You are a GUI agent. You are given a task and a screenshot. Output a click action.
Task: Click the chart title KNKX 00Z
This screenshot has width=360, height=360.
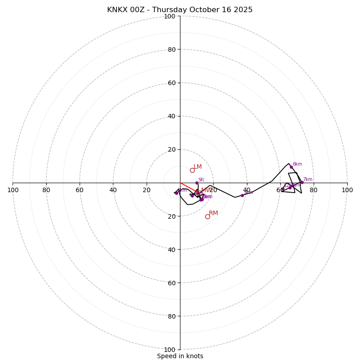(x=180, y=10)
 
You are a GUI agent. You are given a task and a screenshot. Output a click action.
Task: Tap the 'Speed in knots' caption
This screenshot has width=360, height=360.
(x=180, y=356)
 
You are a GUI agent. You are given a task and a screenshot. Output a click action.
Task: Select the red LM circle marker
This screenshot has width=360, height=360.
(x=192, y=170)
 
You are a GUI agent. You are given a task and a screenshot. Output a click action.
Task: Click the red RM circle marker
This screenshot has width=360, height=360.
(x=207, y=216)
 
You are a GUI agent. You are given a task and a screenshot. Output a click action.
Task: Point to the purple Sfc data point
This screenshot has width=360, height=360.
(x=197, y=183)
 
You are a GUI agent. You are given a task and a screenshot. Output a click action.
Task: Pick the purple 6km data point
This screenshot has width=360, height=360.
(x=291, y=167)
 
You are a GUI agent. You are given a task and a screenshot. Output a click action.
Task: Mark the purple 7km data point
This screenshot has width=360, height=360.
(x=302, y=182)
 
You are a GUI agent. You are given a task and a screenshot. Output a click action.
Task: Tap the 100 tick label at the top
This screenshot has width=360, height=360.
(x=170, y=16)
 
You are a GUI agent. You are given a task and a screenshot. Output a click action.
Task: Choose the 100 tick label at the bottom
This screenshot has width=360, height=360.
(x=170, y=350)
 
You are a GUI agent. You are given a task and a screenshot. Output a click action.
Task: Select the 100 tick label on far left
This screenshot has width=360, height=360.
(x=13, y=190)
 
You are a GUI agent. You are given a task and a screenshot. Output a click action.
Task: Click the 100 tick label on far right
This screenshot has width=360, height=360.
(x=347, y=190)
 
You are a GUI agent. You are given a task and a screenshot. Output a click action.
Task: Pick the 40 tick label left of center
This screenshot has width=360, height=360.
(x=113, y=190)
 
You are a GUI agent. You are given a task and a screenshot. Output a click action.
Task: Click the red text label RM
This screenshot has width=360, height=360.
(x=213, y=213)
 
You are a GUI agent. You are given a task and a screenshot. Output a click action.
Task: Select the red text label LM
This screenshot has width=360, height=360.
(x=198, y=166)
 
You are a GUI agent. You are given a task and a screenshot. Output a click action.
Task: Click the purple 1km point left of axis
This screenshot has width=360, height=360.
(x=176, y=193)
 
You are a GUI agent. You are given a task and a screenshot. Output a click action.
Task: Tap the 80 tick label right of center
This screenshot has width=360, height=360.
(x=314, y=190)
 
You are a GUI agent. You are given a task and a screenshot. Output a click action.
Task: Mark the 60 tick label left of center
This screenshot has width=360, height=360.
(x=80, y=190)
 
